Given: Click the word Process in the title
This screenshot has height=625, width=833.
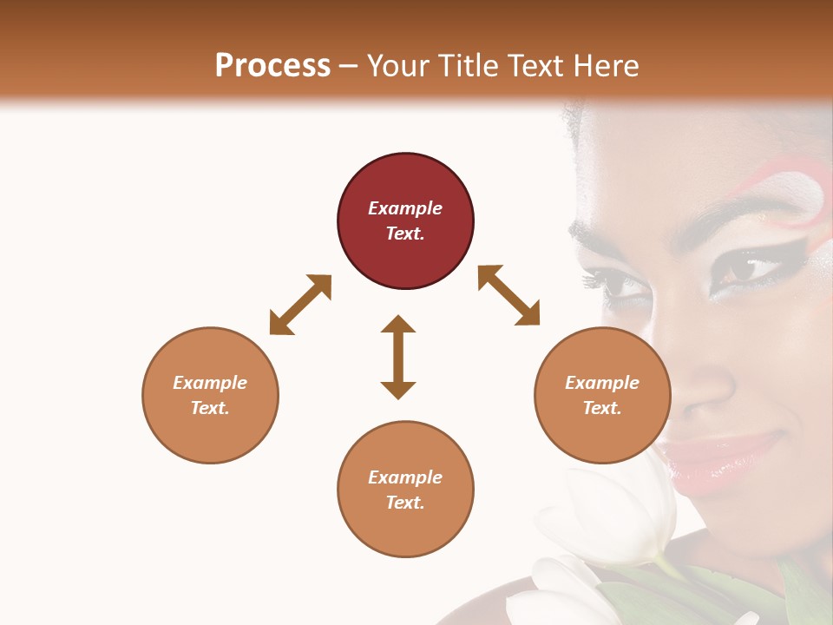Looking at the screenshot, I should [x=272, y=66].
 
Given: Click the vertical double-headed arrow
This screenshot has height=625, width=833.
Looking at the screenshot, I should [x=398, y=357].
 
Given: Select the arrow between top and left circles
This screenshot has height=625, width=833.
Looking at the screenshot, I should [x=300, y=304].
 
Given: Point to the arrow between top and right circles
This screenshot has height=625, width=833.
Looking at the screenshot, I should [x=508, y=295].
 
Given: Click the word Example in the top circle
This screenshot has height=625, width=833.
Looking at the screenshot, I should [x=405, y=208].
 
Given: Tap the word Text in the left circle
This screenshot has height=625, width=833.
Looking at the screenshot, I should [x=210, y=408].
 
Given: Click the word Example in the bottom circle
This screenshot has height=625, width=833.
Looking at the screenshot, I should [x=405, y=477].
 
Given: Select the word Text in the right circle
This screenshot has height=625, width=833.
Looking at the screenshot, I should [x=602, y=408].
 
